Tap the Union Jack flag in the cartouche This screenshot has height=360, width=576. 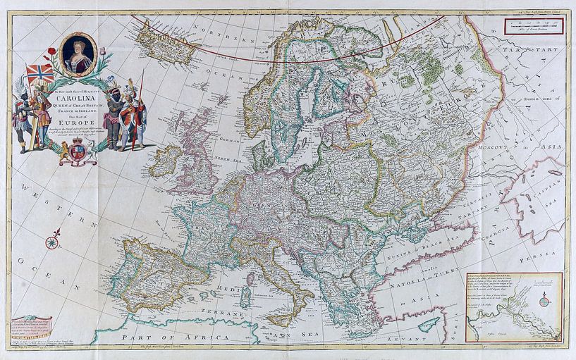(x=40, y=73)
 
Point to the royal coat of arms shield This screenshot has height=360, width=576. (x=78, y=151)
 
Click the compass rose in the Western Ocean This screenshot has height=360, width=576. (x=51, y=244)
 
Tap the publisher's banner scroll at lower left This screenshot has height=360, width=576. (x=31, y=328)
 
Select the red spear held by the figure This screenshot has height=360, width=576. (x=141, y=92)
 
